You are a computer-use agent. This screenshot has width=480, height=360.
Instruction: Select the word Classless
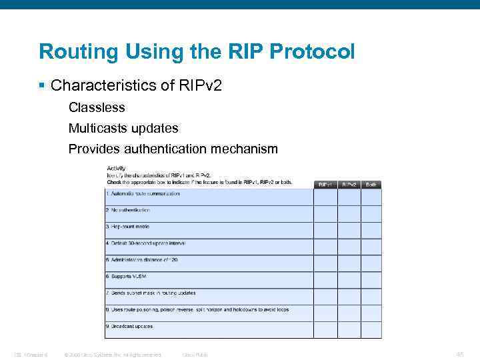[97, 107]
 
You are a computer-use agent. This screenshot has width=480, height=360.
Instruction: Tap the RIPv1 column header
[325, 184]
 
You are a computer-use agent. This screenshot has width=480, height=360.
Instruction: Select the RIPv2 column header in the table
[349, 184]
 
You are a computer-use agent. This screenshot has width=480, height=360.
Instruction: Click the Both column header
[371, 184]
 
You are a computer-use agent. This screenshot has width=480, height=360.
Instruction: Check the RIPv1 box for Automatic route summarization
[325, 197]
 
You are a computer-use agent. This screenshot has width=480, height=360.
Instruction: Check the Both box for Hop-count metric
[371, 230]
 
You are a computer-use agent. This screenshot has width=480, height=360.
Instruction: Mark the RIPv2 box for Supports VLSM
[349, 280]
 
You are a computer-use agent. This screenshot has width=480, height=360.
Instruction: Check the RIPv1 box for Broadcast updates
[325, 329]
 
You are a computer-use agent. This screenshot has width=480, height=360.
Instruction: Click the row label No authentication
[128, 210]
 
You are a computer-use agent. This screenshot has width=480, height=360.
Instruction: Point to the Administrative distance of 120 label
[141, 260]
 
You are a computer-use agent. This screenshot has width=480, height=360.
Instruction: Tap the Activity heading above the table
[116, 169]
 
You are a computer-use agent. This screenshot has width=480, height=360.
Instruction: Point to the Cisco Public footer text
[195, 355]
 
